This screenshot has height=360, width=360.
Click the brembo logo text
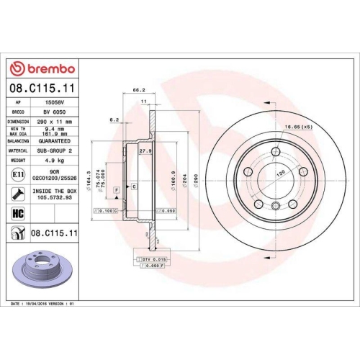click(x=46, y=68)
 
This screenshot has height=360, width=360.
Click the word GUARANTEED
click(x=55, y=143)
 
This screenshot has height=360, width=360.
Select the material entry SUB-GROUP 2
click(x=55, y=151)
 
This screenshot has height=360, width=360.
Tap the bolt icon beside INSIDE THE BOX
click(x=17, y=193)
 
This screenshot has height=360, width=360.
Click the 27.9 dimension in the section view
click(x=144, y=151)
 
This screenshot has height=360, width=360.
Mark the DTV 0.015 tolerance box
click(x=152, y=258)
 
